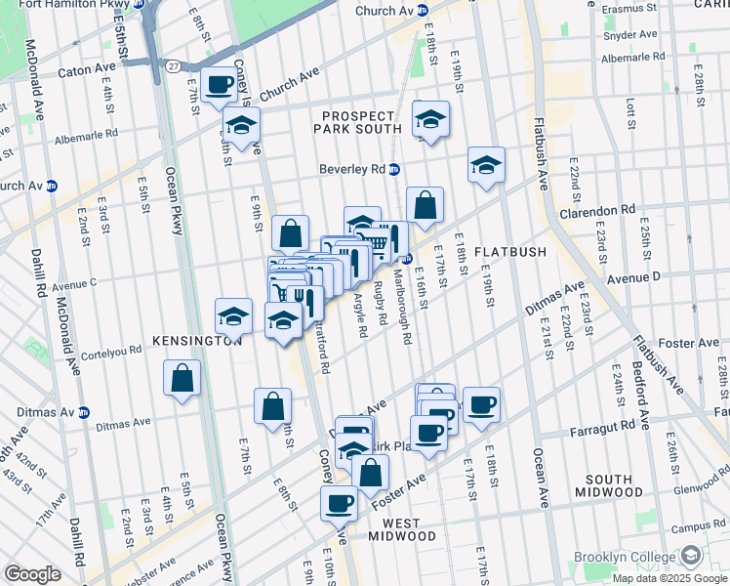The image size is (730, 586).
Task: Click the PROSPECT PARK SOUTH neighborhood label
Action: point(357,122)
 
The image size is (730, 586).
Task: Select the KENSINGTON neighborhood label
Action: point(196,341)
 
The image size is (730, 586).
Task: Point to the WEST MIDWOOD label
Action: point(402,536)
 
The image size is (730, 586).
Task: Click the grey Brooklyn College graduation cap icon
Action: point(690,557)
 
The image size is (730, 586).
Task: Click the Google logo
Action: point(32,574)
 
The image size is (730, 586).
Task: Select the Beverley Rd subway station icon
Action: point(394,169)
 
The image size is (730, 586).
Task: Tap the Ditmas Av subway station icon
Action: point(84,411)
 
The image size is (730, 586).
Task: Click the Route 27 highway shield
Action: point(172,66)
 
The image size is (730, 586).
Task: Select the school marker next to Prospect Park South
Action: point(430,119)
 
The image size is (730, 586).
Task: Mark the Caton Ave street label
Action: point(87,70)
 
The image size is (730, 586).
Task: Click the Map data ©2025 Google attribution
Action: point(669,577)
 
